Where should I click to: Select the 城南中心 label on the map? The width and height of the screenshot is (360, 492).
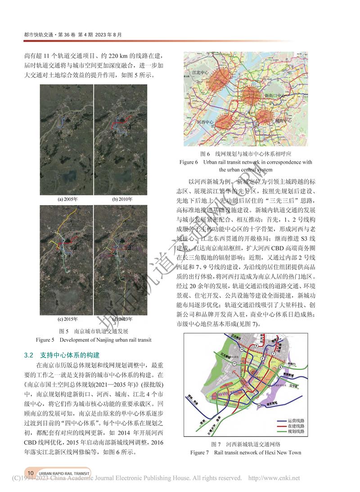pyautogui.click(x=283, y=121)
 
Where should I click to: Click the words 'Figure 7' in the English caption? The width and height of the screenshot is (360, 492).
pyautogui.click(x=200, y=452)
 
